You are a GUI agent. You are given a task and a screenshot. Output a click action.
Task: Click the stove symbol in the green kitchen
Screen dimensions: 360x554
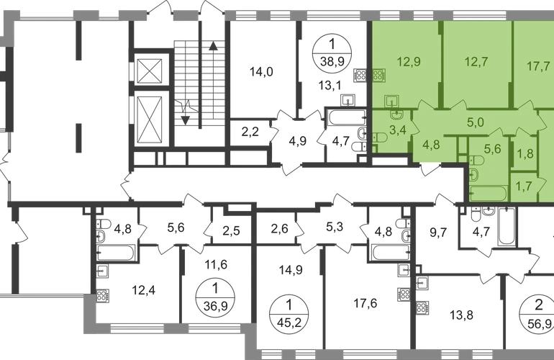pos(380,73)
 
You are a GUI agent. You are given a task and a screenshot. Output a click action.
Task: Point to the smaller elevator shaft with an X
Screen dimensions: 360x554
pos(150,72)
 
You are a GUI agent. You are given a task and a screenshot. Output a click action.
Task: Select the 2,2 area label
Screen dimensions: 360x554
pos(250,132)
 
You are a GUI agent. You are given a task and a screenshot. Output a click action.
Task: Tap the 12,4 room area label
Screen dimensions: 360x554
pos(144,292)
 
